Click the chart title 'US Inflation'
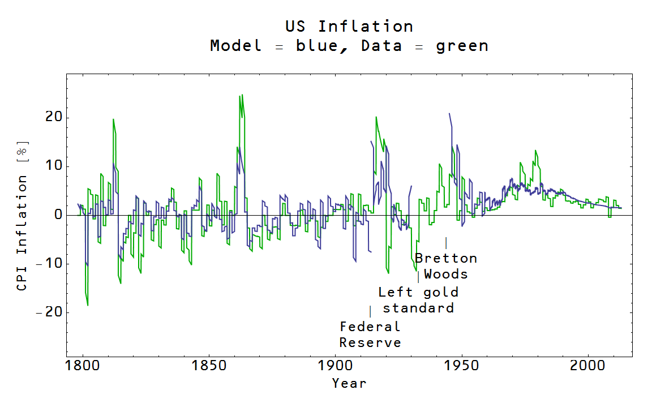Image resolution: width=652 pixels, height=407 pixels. [349, 27]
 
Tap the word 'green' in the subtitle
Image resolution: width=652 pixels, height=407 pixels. [462, 46]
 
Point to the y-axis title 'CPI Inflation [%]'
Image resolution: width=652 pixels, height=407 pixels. [22, 216]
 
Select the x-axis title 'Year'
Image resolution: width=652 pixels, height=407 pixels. [349, 383]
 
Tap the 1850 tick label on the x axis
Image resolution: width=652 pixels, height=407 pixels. [209, 365]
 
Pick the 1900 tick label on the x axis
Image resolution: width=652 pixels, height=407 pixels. [335, 365]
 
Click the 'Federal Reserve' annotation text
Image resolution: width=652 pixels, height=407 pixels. [370, 335]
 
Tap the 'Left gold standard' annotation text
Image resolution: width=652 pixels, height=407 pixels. [418, 300]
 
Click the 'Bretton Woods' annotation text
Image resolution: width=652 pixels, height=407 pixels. [446, 266]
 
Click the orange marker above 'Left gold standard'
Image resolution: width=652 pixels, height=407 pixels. [418, 277]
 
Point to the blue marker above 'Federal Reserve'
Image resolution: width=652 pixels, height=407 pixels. [370, 311]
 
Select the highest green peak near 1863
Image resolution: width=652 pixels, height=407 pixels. [242, 95]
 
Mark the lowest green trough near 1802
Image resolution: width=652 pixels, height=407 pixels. [88, 305]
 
